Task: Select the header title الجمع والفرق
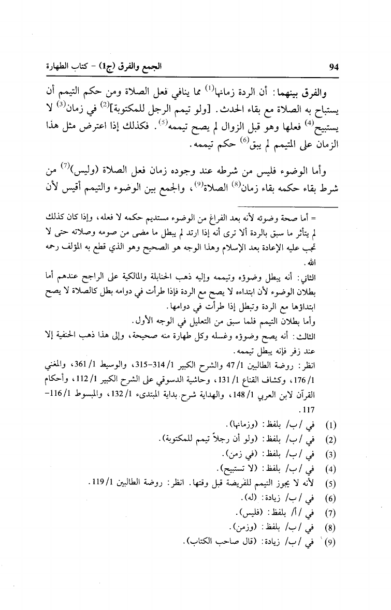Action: (x=138, y=67)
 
